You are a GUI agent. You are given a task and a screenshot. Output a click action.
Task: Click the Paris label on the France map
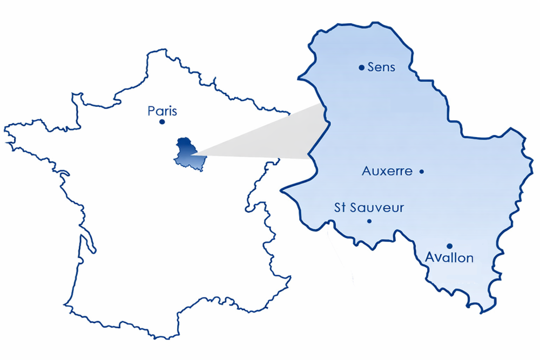click(162, 111)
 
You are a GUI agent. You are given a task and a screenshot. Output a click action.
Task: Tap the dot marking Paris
click(162, 122)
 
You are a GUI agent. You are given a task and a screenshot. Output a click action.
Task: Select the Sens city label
click(381, 67)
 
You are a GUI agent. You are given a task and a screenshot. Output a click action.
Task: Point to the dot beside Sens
click(361, 67)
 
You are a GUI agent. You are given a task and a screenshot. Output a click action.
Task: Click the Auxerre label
click(387, 172)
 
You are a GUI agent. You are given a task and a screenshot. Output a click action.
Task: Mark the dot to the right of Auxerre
click(422, 172)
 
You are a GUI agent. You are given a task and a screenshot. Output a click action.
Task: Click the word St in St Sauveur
click(341, 208)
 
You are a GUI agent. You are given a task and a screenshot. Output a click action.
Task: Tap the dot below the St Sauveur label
click(369, 221)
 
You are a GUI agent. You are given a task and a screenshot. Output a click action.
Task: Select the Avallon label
click(449, 257)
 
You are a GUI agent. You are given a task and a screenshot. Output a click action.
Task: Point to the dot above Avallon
click(449, 246)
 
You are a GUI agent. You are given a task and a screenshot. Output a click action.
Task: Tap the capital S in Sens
click(371, 67)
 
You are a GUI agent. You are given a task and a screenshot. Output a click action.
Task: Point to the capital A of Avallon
click(430, 257)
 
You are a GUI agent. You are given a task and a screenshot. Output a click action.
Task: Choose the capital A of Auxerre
click(366, 172)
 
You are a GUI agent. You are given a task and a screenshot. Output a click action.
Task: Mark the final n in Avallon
click(469, 258)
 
